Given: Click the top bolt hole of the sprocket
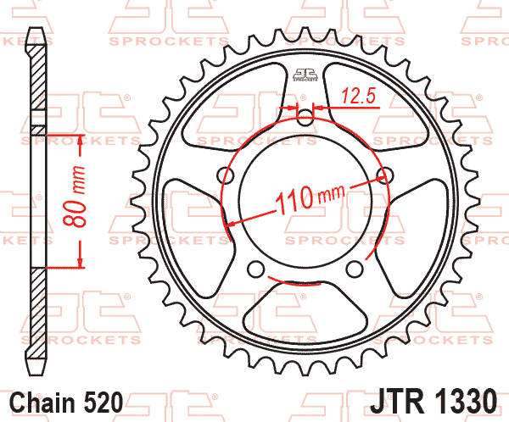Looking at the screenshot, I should coord(305,118).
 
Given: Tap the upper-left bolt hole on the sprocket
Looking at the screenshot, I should coord(226,175).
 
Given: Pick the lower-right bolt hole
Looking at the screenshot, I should coord(354,269).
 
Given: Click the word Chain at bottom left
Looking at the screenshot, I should coord(40,401).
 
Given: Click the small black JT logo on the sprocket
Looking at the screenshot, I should coord(305,73).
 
